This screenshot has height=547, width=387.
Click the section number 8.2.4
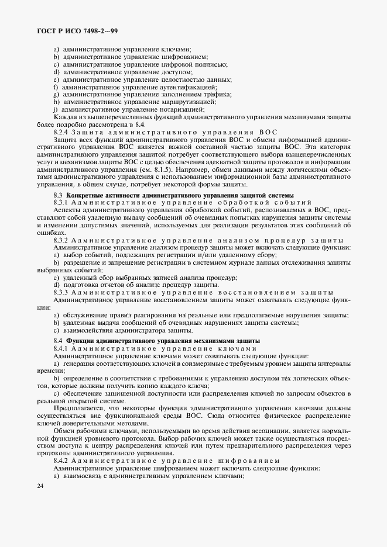pyautogui.click(x=63, y=132)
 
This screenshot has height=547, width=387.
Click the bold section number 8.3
pyautogui.click(x=58, y=194)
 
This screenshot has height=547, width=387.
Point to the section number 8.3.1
pyautogui.click(x=63, y=201)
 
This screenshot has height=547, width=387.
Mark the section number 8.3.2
pyautogui.click(x=63, y=240)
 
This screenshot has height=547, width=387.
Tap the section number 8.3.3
pyautogui.click(x=63, y=292)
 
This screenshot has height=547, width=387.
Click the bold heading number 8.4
pyautogui.click(x=58, y=341)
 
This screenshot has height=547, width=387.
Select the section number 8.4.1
pyautogui.click(x=63, y=348)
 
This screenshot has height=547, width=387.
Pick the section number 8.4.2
pyautogui.click(x=63, y=461)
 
